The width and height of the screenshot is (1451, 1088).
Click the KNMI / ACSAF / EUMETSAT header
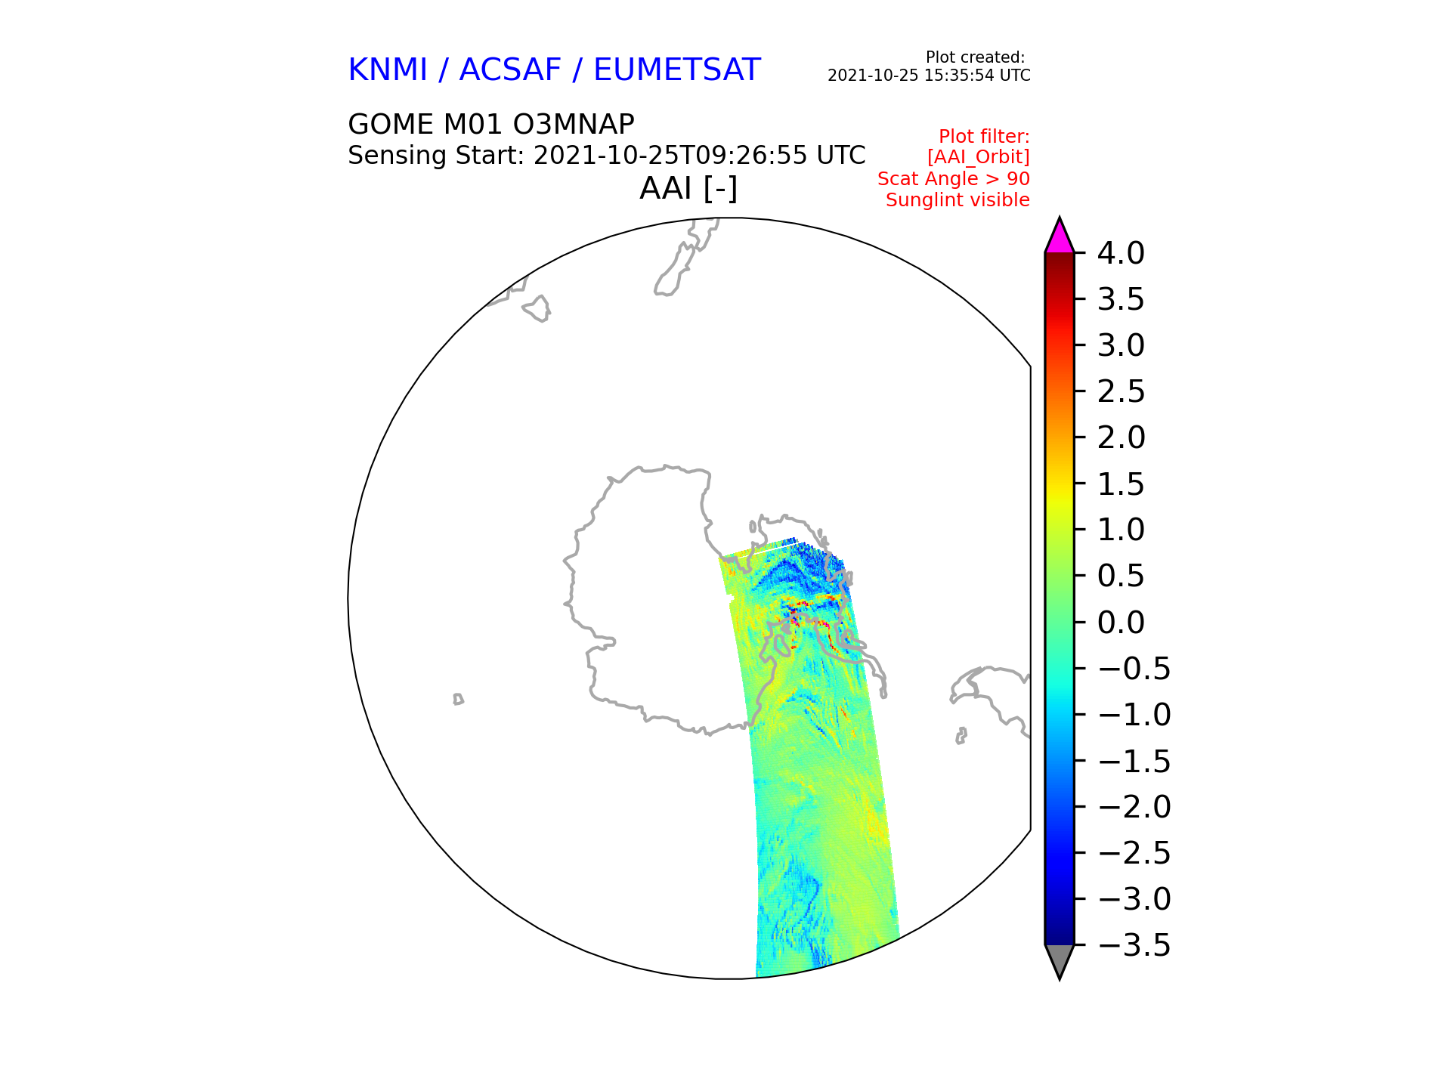click(554, 70)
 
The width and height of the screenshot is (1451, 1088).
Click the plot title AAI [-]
click(688, 188)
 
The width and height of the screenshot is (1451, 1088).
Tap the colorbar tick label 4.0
click(1121, 253)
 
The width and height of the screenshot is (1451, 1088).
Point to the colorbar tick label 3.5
click(1121, 300)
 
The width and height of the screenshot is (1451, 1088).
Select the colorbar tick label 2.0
click(1121, 437)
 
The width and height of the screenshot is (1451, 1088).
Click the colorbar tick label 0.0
click(1121, 623)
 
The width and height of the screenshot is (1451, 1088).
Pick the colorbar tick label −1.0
click(1134, 715)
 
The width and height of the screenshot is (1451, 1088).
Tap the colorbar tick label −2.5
click(1134, 853)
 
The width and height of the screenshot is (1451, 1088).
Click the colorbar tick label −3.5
click(1134, 945)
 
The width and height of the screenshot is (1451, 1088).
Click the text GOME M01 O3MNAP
click(491, 124)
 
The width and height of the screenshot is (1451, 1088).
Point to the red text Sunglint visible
click(958, 200)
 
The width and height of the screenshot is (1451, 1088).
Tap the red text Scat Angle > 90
click(953, 179)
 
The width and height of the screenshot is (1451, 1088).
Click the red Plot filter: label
click(984, 137)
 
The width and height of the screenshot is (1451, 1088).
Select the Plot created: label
click(975, 57)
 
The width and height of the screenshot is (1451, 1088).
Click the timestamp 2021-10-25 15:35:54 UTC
click(929, 76)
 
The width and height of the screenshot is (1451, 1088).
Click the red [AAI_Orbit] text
click(978, 157)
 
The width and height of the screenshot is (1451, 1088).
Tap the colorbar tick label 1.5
click(1121, 484)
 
